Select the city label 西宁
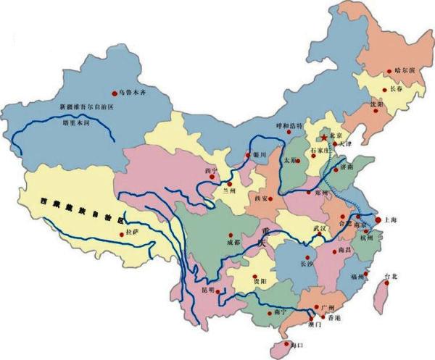(212, 171)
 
